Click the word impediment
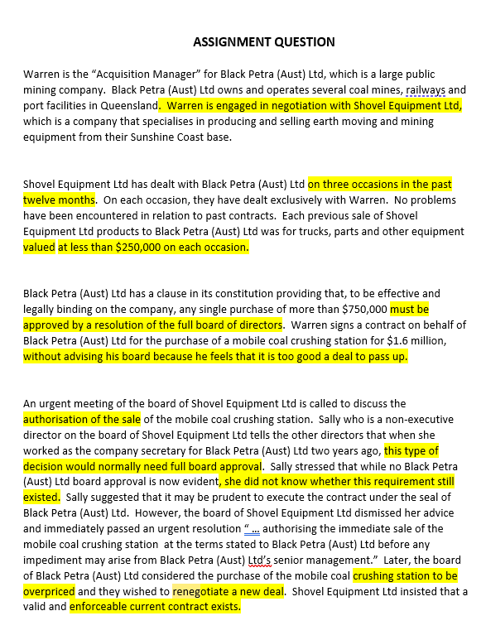point(50,560)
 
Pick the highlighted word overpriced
point(49,592)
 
